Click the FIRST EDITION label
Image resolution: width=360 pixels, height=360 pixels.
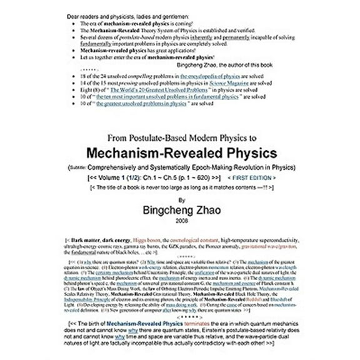click(260, 177)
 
